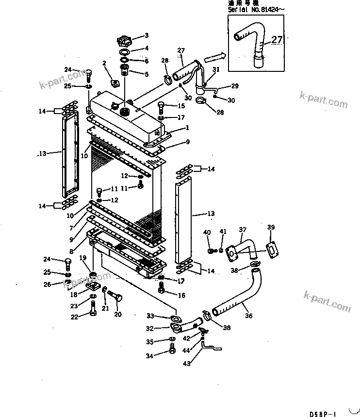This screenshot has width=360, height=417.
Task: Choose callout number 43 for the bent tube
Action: (x=186, y=362)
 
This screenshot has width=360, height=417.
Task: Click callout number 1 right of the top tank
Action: (x=187, y=128)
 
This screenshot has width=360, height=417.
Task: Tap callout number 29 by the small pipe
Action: (x=235, y=86)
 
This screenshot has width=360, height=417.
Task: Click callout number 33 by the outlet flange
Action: (x=150, y=316)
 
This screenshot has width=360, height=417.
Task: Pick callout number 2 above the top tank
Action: (x=104, y=63)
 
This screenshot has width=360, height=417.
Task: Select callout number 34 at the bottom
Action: (x=150, y=356)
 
